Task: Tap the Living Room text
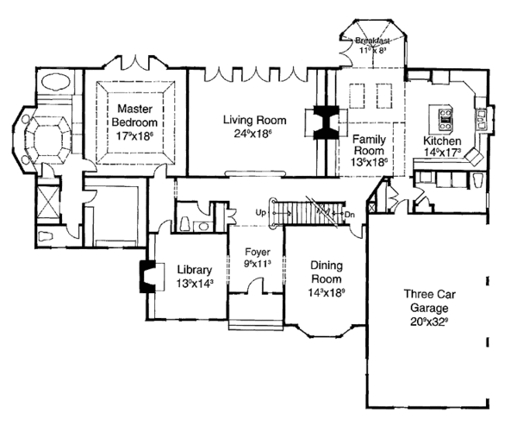(x=253, y=121)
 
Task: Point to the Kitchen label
(x=441, y=141)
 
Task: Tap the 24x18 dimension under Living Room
(x=253, y=134)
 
